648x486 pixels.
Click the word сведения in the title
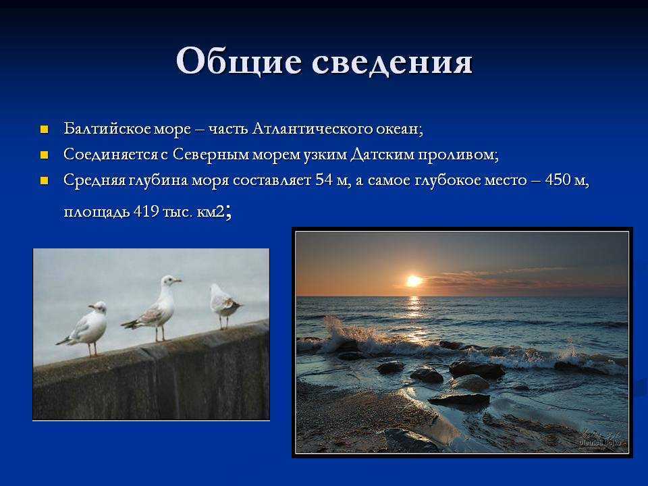[x=391, y=62]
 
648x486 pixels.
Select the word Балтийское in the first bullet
[x=107, y=128]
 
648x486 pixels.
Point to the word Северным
[x=211, y=154]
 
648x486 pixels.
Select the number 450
[x=557, y=180]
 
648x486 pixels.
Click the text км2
[x=211, y=212]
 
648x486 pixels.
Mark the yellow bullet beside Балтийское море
[x=45, y=130]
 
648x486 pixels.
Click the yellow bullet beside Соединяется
[x=45, y=155]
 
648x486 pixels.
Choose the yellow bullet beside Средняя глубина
[x=45, y=181]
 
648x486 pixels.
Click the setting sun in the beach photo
[x=414, y=281]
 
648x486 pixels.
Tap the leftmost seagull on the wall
[x=85, y=327]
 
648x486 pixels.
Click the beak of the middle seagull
[x=178, y=281]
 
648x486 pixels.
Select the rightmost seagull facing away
[x=224, y=305]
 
